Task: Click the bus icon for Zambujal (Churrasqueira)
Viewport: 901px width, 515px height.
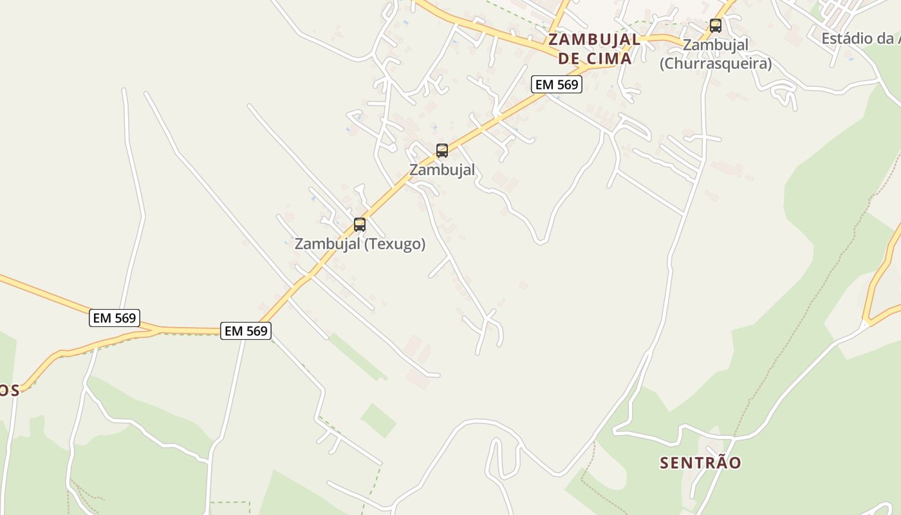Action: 715,26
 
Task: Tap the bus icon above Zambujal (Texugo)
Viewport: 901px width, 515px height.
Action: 360,225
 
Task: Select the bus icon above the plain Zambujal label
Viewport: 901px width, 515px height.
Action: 442,151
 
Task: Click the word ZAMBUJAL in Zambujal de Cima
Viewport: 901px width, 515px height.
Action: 594,40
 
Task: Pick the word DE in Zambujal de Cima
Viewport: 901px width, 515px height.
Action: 568,59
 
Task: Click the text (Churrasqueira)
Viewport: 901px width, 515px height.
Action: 716,64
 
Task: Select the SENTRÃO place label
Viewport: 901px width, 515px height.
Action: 701,462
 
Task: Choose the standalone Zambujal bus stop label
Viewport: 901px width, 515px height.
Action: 442,170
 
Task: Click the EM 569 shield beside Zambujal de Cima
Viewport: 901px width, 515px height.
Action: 557,84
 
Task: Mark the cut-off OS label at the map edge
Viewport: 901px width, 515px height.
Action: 9,391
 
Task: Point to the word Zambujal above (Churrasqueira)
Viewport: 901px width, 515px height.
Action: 716,45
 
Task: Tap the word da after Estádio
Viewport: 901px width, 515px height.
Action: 886,39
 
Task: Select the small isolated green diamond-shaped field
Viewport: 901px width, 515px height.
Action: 378,420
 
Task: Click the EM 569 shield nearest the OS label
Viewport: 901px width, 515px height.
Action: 115,318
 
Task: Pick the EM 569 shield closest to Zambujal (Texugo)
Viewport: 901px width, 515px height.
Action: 246,331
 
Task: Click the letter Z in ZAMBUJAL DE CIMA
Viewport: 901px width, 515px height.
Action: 553,40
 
